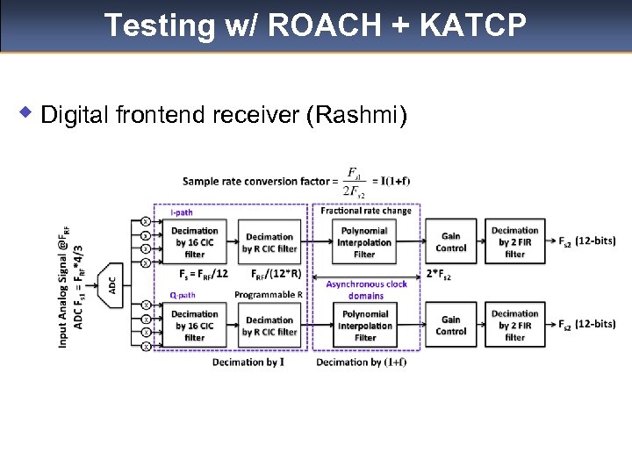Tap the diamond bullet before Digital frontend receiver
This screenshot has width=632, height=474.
(27, 112)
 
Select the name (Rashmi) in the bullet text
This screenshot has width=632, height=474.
(355, 114)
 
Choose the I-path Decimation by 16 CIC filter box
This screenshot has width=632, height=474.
(195, 242)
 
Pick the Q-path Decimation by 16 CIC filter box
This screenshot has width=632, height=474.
(195, 326)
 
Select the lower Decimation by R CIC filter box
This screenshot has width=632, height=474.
(269, 326)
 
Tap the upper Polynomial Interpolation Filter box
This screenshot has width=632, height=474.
(365, 242)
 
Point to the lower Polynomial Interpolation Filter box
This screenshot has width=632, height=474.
(365, 326)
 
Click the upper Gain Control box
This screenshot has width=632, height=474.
(451, 242)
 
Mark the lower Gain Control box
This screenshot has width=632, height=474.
(451, 326)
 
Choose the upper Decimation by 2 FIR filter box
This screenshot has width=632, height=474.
(515, 242)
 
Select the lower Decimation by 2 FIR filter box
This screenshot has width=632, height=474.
(515, 326)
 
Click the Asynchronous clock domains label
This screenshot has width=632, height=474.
(366, 290)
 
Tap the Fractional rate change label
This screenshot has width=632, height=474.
(365, 211)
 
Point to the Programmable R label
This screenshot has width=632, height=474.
(268, 295)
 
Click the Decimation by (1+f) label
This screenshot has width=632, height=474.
(361, 362)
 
